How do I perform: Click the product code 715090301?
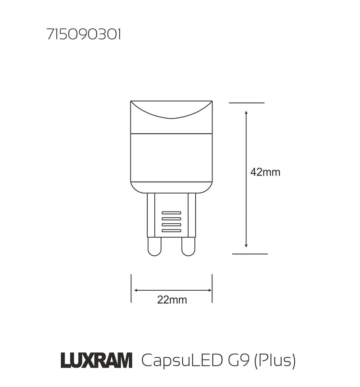pyautogui.click(x=83, y=35)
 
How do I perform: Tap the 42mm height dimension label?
pyautogui.click(x=265, y=172)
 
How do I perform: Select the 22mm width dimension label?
pyautogui.click(x=172, y=300)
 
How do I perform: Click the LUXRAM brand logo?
pyautogui.click(x=96, y=360)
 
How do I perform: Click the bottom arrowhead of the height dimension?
pyautogui.click(x=246, y=245)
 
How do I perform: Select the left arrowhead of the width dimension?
pyautogui.click(x=135, y=291)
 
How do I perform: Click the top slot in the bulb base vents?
pyautogui.click(x=171, y=212)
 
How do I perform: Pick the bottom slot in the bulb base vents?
pyautogui.click(x=171, y=231)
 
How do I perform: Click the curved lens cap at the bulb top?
pyautogui.click(x=171, y=110)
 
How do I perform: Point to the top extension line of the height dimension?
pyautogui.click(x=246, y=103)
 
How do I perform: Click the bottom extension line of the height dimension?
pyautogui.click(x=249, y=254)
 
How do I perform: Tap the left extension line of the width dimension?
pyautogui.click(x=131, y=288)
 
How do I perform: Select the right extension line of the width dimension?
pyautogui.click(x=212, y=288)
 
